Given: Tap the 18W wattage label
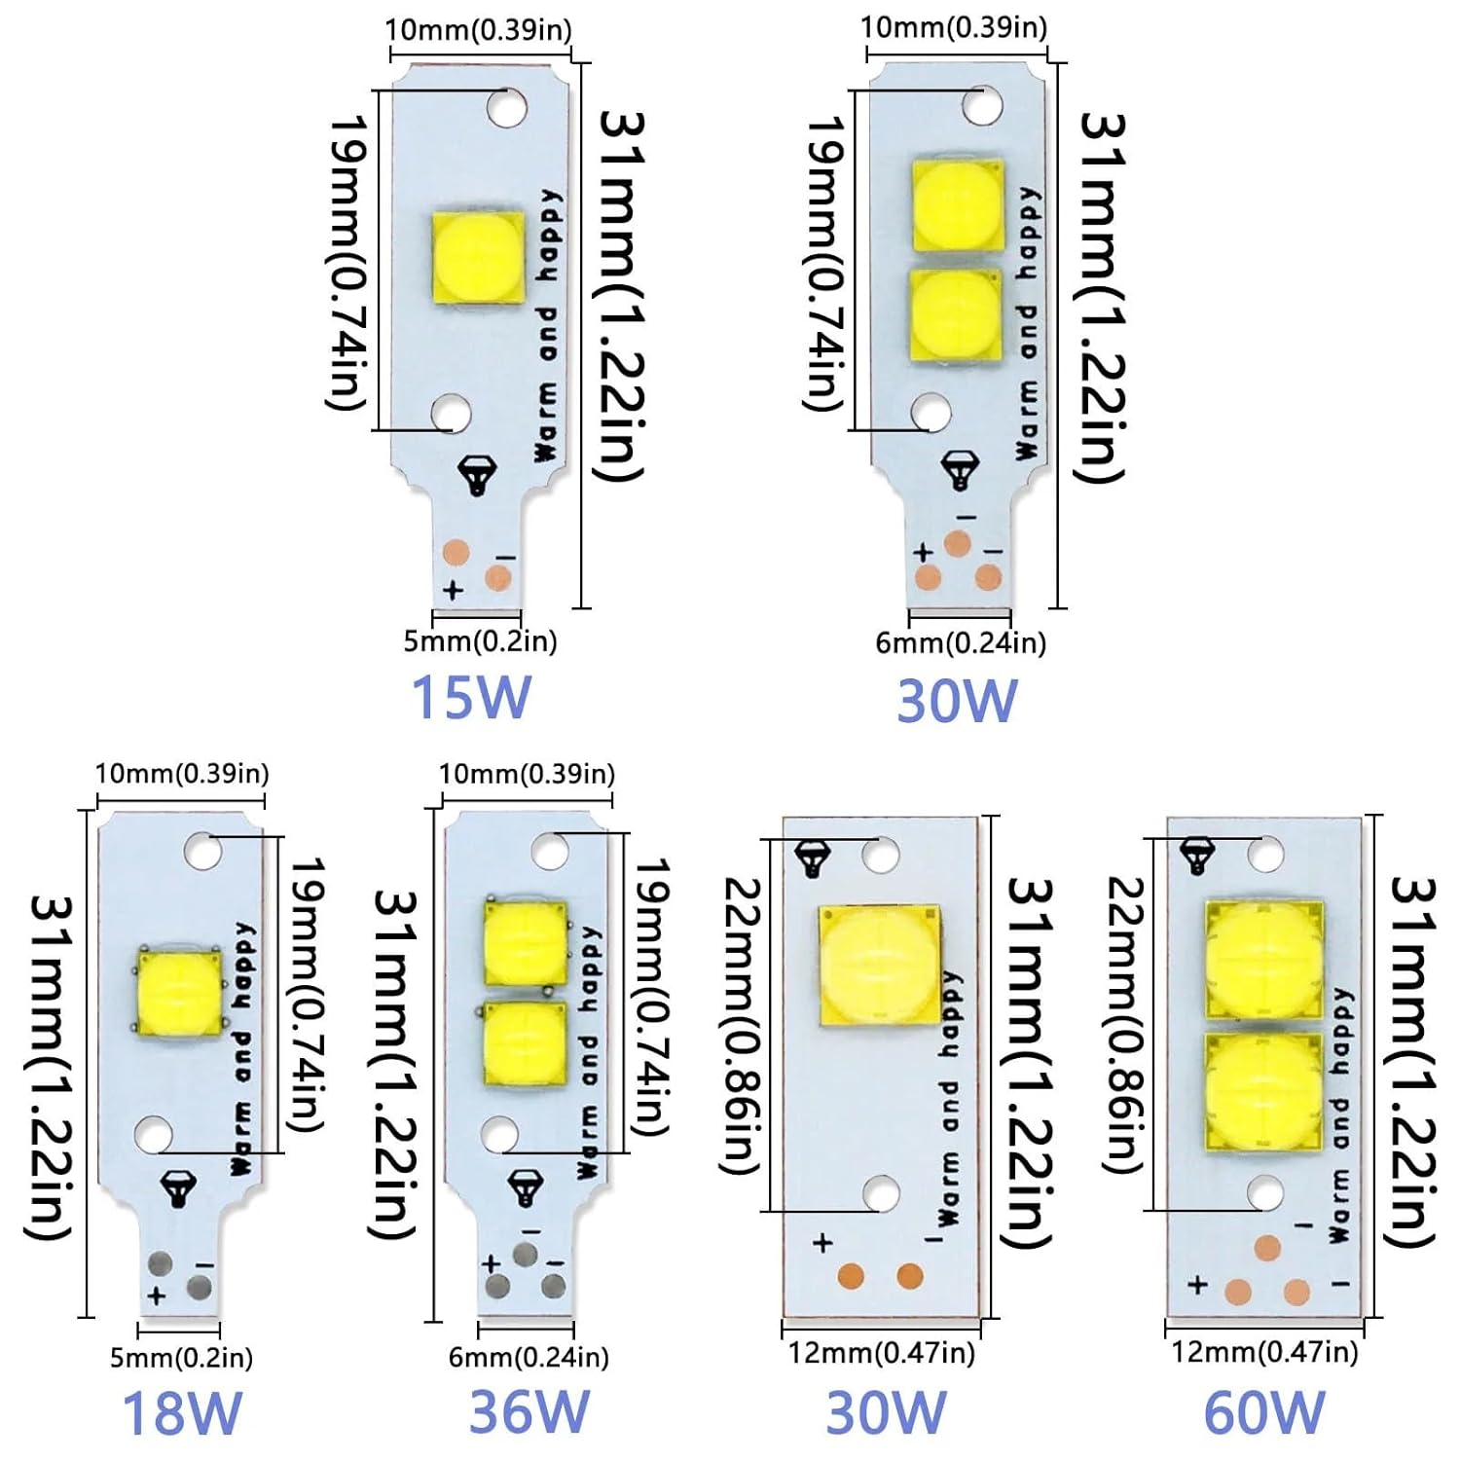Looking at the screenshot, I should [x=181, y=1413].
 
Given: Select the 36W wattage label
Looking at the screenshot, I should [x=529, y=1411].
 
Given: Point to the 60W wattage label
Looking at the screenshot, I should [x=1264, y=1411].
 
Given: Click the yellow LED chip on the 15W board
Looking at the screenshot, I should [x=479, y=258].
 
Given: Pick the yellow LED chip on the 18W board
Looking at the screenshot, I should [x=180, y=990].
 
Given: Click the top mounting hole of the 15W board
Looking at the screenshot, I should [x=507, y=107].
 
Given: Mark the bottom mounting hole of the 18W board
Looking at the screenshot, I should [x=154, y=1135].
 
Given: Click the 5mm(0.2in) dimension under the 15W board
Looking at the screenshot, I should [x=480, y=641].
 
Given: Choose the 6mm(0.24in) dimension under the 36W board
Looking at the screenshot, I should [x=529, y=1357].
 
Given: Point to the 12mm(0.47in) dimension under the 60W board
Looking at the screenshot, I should [x=1263, y=1352].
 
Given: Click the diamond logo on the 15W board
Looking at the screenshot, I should [x=476, y=474].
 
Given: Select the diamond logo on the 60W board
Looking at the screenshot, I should [x=1197, y=854].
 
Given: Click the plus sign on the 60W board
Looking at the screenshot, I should [x=1198, y=1285].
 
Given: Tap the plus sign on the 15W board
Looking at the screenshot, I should [x=453, y=590].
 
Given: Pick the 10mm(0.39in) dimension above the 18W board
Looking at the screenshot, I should [x=181, y=774].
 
